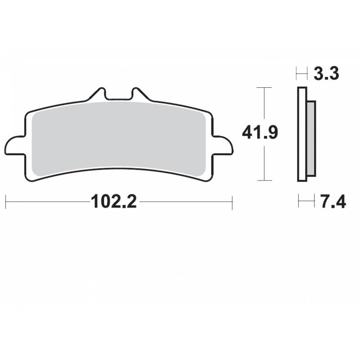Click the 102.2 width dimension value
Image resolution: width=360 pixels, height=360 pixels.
tap(114, 202)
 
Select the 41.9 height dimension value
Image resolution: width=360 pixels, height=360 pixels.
tap(260, 133)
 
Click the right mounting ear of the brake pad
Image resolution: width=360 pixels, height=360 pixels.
tap(224, 146)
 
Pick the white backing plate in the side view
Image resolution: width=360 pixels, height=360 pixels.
tap(302, 135)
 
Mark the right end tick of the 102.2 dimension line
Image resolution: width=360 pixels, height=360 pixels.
tap(232, 202)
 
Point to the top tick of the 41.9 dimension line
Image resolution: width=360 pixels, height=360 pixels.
tap(264, 87)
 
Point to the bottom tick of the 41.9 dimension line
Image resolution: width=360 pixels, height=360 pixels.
tap(264, 180)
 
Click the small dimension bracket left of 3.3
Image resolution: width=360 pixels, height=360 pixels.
tap(301, 73)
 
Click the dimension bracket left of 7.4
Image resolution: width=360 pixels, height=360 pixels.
tap(306, 201)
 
